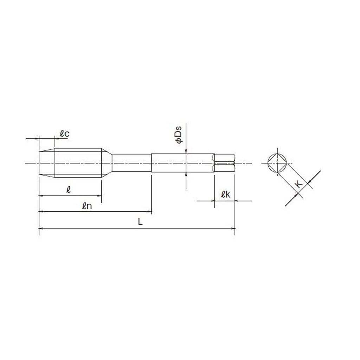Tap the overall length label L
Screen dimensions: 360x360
(x=140, y=221)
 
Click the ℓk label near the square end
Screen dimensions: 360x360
(x=225, y=194)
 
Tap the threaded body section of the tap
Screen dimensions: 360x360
(x=78, y=163)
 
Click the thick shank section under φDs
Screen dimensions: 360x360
(x=182, y=163)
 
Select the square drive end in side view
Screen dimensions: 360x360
(x=224, y=163)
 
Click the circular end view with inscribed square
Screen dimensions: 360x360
(x=277, y=163)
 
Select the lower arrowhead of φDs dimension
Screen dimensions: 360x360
(x=186, y=175)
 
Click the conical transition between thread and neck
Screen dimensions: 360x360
(x=107, y=163)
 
